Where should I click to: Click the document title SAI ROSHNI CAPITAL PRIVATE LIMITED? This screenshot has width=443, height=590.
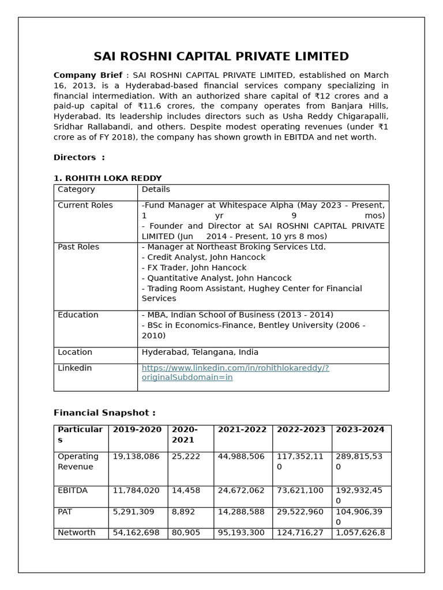click(221, 56)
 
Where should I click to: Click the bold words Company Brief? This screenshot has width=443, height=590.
click(88, 75)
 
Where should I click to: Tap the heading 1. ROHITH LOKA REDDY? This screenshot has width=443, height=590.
click(107, 178)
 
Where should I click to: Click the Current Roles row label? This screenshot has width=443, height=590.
click(85, 205)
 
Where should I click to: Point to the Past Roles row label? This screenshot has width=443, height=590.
click(78, 247)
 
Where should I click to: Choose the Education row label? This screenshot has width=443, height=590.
click(78, 315)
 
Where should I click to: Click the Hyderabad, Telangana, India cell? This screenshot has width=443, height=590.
click(200, 352)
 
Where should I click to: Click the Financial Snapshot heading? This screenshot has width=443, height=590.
click(104, 413)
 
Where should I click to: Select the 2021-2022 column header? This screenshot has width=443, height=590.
click(242, 430)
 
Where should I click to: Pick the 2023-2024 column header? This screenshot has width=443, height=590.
click(360, 430)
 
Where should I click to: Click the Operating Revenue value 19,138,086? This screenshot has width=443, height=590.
click(136, 456)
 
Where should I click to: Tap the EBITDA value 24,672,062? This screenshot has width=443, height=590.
click(241, 490)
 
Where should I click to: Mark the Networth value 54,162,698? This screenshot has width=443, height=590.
click(136, 532)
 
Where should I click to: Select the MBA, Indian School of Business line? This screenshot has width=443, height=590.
click(237, 315)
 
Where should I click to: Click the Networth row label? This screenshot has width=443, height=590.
click(76, 532)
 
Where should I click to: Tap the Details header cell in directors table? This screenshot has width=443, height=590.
click(156, 189)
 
